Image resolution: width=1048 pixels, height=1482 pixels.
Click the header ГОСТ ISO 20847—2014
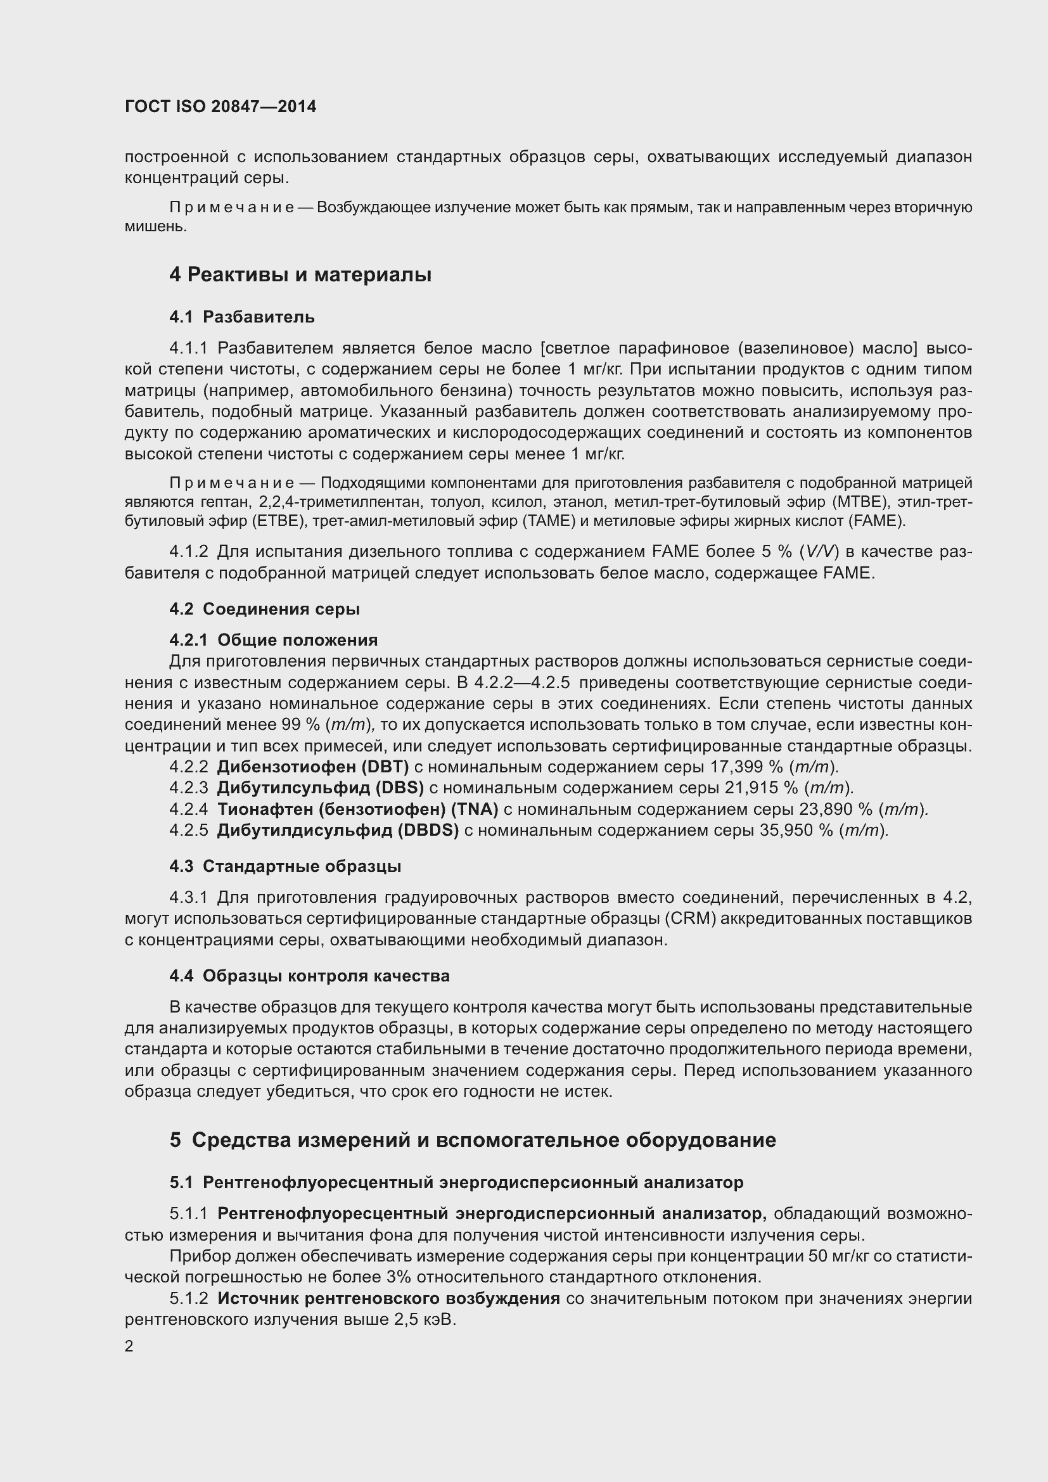[x=220, y=106]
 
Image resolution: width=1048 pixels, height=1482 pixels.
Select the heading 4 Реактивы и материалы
[x=300, y=275]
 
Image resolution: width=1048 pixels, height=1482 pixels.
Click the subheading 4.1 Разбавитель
[x=242, y=317]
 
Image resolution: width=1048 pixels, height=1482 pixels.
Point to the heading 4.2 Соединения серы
[x=265, y=609]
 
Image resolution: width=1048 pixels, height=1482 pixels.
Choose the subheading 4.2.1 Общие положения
[x=274, y=640]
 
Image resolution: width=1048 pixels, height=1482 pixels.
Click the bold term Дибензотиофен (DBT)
[x=313, y=767]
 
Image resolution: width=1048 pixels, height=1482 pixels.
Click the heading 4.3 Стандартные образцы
[x=285, y=866]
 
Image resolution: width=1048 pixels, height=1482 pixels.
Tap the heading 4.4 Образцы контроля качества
[x=309, y=976]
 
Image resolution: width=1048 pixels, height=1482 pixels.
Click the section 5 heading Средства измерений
[x=473, y=1140]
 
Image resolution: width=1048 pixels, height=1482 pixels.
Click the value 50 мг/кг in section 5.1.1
[x=836, y=1256]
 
